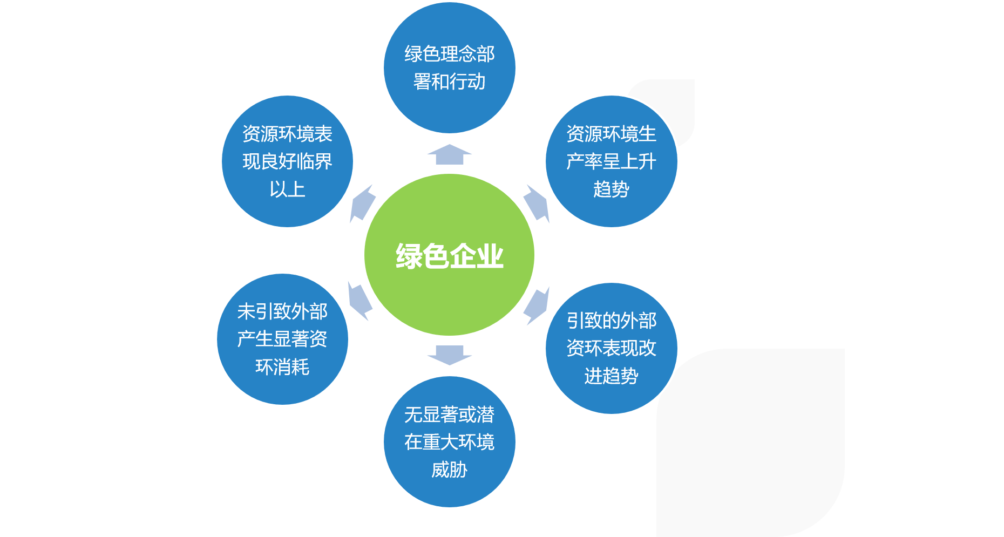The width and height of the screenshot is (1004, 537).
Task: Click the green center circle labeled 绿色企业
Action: coord(449,255)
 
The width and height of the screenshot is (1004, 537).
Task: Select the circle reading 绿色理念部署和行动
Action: coord(449,68)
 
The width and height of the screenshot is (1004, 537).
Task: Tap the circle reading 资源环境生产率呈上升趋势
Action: coord(611,161)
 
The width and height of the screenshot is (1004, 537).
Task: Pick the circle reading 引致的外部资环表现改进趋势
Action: coord(611,348)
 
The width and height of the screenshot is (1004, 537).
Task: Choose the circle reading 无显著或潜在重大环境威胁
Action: coord(449,442)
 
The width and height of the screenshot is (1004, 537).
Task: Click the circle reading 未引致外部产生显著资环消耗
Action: coord(282,339)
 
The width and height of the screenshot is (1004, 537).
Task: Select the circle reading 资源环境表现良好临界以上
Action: coord(287,161)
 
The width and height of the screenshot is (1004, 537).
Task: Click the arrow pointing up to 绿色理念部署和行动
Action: coord(449,154)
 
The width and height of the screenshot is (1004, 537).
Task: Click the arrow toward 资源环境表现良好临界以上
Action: coord(362,203)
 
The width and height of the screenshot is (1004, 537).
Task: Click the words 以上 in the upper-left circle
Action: coord(287,189)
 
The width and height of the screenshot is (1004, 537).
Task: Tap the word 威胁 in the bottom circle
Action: coord(449,470)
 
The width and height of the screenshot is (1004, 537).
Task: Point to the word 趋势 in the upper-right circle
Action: coord(611,189)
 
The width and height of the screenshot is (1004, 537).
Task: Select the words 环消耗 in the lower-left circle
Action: coord(282,367)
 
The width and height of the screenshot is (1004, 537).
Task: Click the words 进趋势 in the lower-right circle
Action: coord(611,376)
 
